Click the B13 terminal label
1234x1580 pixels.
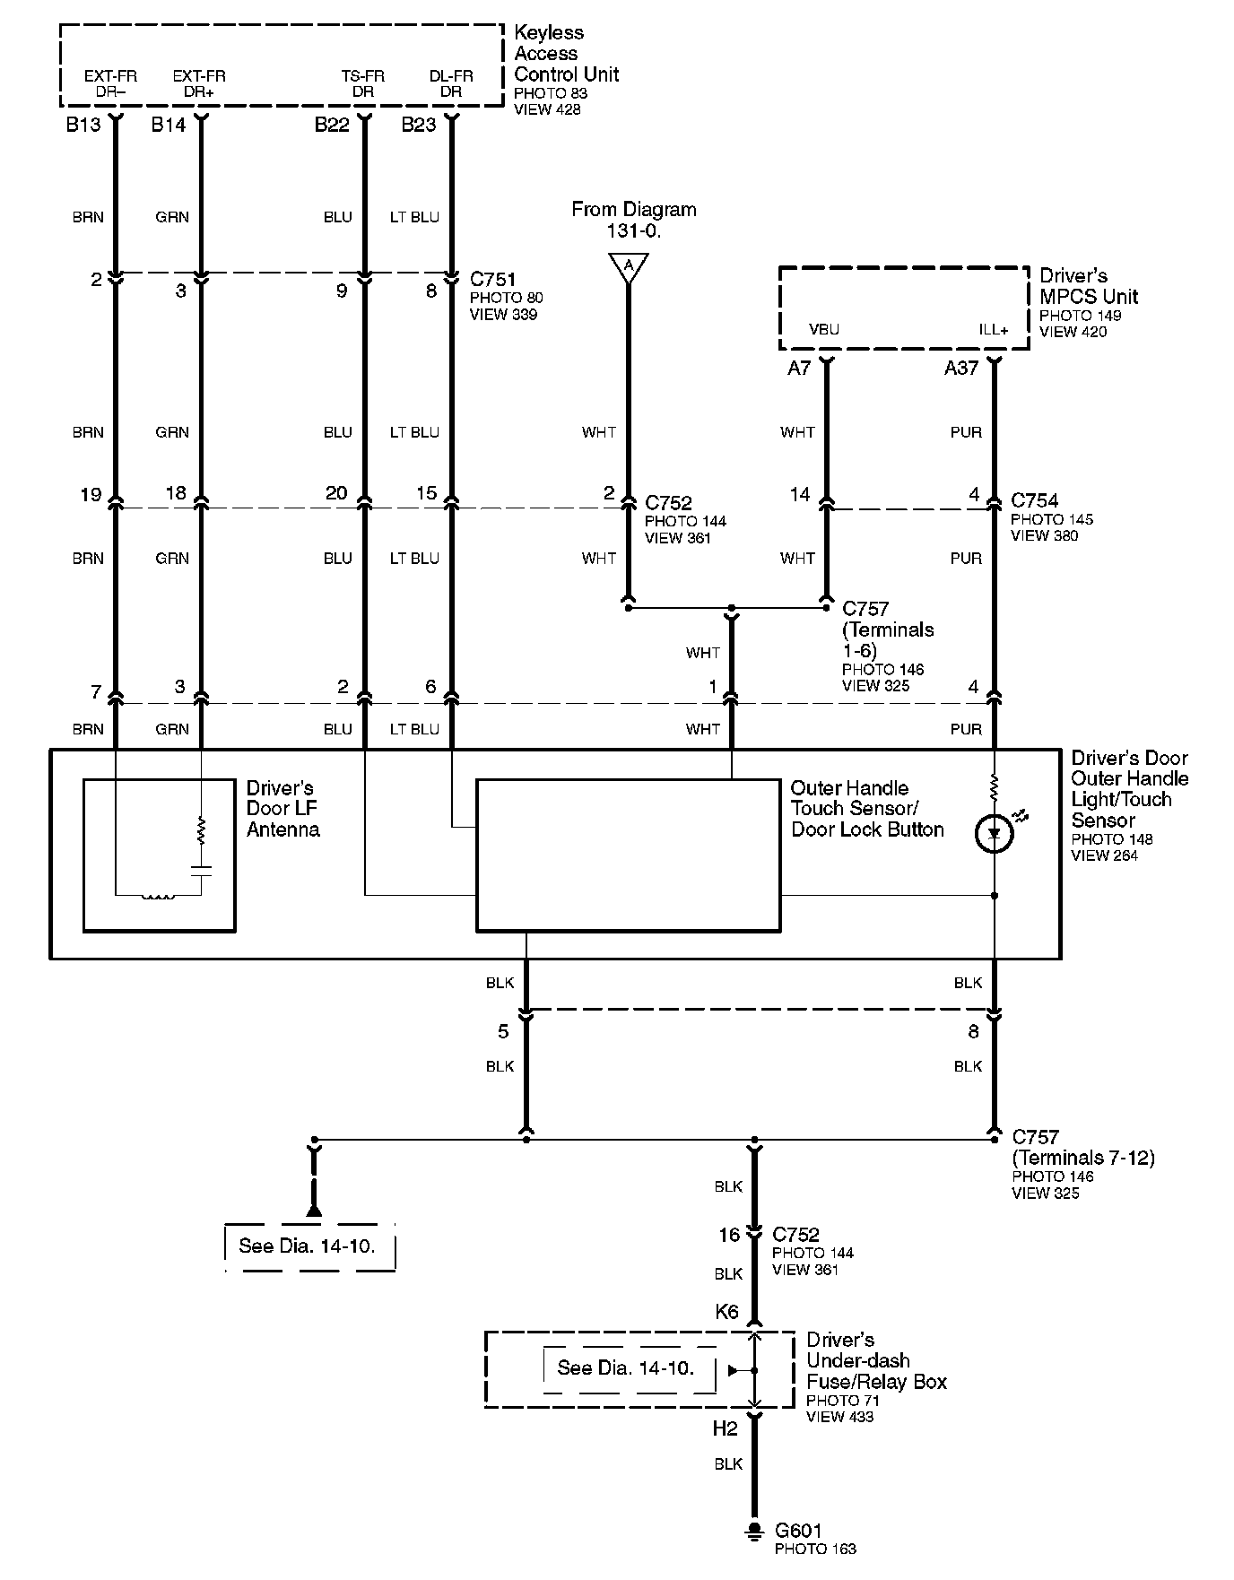click(83, 125)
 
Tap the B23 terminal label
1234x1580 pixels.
click(418, 125)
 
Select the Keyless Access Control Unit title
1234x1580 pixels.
click(565, 54)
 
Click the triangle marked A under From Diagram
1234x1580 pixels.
click(628, 266)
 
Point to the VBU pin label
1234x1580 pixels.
click(823, 329)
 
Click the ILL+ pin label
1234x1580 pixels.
click(994, 329)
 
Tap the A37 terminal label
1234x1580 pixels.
click(960, 368)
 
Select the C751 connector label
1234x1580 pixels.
click(492, 280)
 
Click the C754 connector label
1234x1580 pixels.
click(1034, 501)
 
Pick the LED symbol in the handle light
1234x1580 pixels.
click(994, 834)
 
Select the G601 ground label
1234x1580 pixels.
click(798, 1531)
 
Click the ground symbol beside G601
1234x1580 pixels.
click(754, 1532)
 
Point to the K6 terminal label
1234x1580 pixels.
click(726, 1312)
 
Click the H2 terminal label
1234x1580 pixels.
click(725, 1429)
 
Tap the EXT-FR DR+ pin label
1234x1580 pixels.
click(199, 83)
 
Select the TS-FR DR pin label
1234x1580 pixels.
click(363, 83)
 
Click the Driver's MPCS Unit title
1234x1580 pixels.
click(1088, 286)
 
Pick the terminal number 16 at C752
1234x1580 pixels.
click(728, 1236)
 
